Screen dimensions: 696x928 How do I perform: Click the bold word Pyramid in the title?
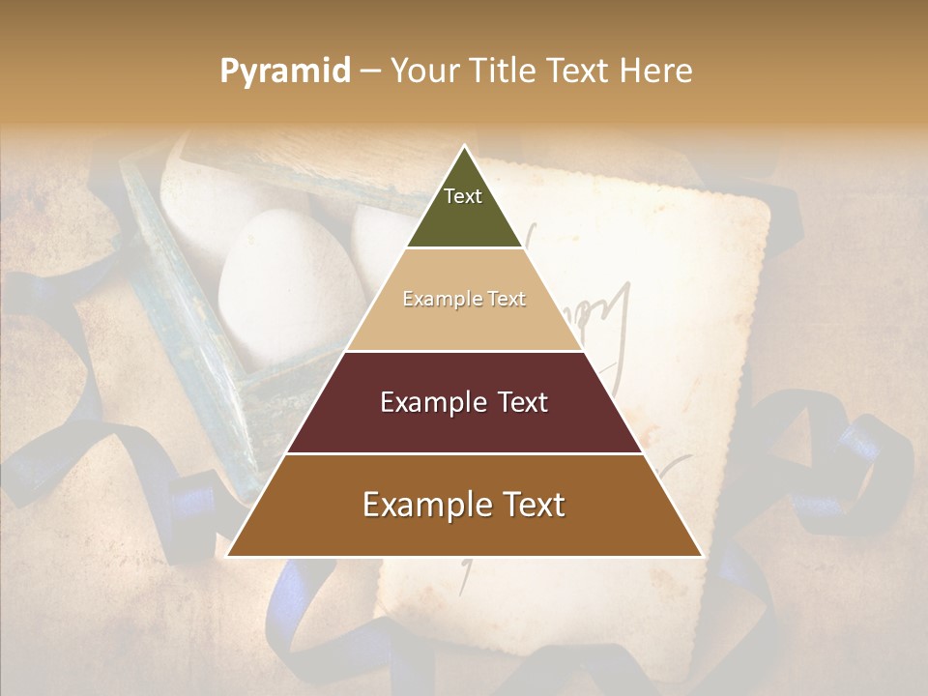(285, 72)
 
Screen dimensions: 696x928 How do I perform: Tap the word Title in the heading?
(504, 72)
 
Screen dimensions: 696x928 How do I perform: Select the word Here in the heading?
(656, 72)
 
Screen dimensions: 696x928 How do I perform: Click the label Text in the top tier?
(463, 196)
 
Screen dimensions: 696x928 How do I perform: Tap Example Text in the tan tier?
(464, 300)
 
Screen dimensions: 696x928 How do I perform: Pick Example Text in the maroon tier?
(464, 402)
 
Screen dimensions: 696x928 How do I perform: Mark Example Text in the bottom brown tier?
(464, 505)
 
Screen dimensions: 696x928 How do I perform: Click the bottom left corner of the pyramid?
(228, 556)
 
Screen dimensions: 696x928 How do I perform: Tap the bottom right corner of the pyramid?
(701, 556)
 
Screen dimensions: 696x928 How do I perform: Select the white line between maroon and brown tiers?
(464, 453)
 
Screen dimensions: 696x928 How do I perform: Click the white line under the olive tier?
(464, 248)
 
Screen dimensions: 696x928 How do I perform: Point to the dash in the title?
(370, 72)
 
